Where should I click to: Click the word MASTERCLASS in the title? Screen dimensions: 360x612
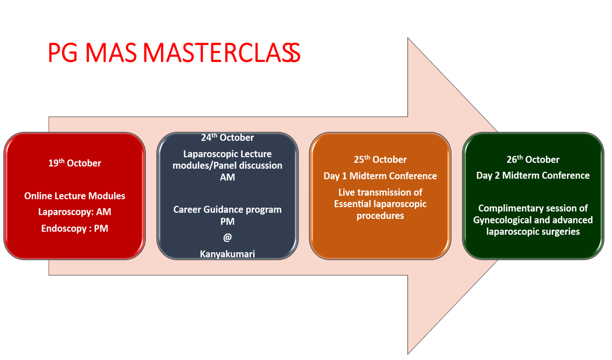(221, 53)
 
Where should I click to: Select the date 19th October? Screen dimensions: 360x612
(75, 163)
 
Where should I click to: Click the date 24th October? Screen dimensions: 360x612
(227, 138)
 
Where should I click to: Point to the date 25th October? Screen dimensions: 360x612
(380, 160)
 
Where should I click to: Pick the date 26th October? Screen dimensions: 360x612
(533, 160)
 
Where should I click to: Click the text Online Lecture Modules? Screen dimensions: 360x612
(75, 196)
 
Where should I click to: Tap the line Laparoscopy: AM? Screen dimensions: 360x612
(75, 212)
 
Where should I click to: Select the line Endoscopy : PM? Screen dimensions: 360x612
(75, 228)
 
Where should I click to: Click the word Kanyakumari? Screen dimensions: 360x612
(227, 254)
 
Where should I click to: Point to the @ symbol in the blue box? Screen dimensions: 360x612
(227, 237)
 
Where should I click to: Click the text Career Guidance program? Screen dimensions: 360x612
(227, 209)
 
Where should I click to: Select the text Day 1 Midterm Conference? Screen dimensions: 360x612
(380, 176)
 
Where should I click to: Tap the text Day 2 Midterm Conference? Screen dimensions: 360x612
(533, 176)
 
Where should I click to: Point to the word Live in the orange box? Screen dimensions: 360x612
(346, 192)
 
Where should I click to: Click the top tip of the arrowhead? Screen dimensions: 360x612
(408, 38)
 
